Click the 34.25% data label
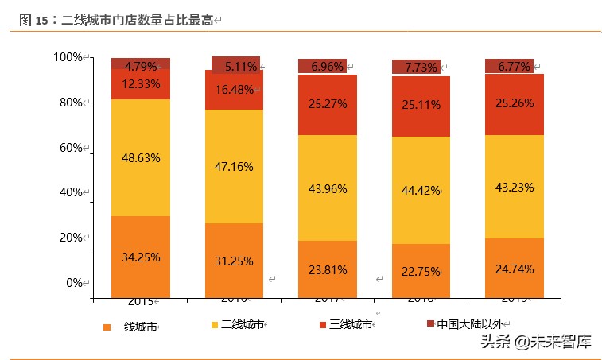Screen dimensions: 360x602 141,257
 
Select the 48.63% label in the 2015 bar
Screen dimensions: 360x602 141,157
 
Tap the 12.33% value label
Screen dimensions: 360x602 141,83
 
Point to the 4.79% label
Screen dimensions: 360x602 141,66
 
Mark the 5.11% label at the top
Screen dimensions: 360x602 241,67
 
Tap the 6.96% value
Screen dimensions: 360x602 327,67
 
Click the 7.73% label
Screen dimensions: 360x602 421,68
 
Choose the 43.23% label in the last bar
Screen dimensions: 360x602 515,187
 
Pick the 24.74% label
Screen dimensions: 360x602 515,268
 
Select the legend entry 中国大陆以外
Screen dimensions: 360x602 470,324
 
